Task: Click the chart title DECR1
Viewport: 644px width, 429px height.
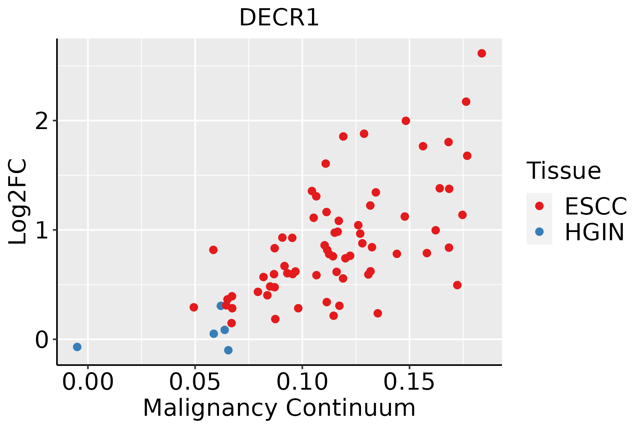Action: [279, 18]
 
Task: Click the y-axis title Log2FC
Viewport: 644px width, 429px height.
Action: [18, 202]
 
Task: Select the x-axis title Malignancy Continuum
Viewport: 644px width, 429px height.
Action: [279, 408]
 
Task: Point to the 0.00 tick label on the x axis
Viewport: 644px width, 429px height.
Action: [88, 383]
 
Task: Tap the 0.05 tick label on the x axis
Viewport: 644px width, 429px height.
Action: [195, 383]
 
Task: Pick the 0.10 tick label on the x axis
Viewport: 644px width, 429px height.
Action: [302, 383]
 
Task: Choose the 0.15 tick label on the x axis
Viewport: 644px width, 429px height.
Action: [409, 383]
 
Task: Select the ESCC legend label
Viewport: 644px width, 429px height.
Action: [596, 206]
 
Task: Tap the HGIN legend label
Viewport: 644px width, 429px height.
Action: [595, 232]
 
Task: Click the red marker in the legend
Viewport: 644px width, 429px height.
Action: [539, 206]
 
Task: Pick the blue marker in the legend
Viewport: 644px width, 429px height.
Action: [539, 232]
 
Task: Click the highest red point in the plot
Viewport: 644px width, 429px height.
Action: [482, 53]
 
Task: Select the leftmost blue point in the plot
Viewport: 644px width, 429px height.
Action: [77, 347]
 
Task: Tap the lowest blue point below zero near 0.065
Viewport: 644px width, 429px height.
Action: [228, 350]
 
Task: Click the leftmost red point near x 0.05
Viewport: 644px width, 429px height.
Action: [194, 307]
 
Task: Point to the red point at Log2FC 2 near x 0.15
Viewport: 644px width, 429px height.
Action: [406, 121]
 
